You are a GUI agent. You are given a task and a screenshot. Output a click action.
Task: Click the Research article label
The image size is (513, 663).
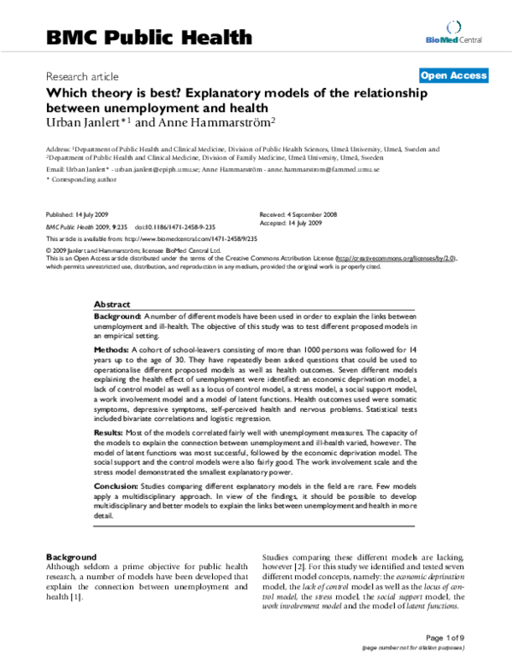[82, 76]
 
